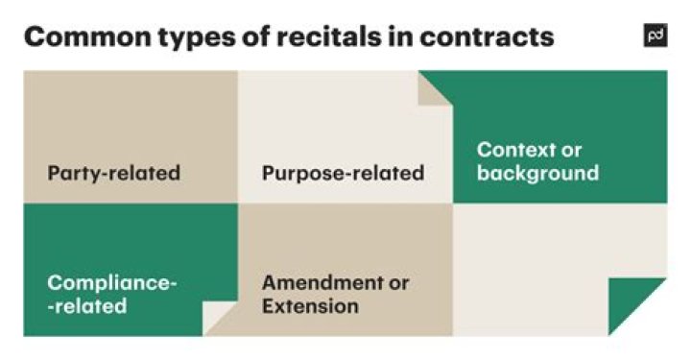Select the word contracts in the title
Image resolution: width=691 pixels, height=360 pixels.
click(497, 36)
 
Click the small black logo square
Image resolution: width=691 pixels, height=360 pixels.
click(655, 36)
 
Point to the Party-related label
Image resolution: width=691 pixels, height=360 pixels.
click(113, 174)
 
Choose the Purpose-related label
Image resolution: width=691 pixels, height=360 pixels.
click(343, 174)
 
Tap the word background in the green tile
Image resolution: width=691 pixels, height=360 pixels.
click(537, 174)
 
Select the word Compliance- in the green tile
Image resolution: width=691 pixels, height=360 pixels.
click(112, 283)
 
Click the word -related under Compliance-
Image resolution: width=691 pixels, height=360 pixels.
click(86, 307)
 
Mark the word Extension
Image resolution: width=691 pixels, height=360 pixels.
click(310, 307)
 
